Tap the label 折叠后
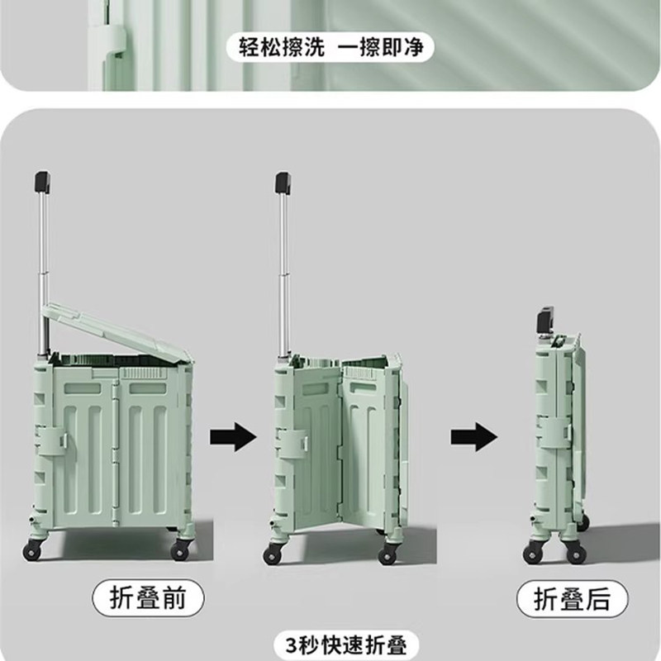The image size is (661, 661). pyautogui.click(x=565, y=597)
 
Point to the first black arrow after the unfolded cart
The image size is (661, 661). pyautogui.click(x=233, y=436)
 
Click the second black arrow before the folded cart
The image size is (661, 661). pyautogui.click(x=474, y=436)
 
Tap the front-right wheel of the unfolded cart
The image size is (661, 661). pyautogui.click(x=179, y=549)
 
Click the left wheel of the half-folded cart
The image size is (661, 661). pyautogui.click(x=272, y=554)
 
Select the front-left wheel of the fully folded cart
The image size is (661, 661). pyautogui.click(x=532, y=554)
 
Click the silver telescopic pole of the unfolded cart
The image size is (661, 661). pyautogui.click(x=40, y=273)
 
